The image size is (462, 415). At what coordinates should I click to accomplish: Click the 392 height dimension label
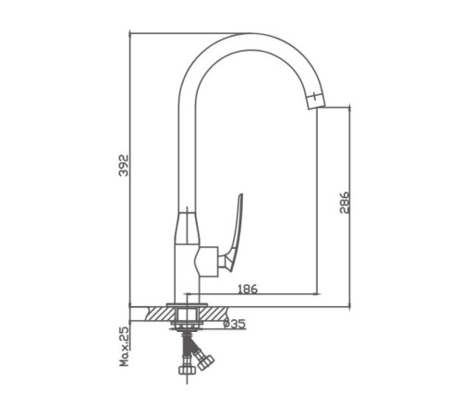point(124,165)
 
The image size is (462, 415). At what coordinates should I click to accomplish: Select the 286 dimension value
point(345,203)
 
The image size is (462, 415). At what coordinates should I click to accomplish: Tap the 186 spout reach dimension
point(248,289)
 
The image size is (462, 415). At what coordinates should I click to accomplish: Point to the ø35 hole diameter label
point(235,324)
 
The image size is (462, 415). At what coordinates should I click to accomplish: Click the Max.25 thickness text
point(124,347)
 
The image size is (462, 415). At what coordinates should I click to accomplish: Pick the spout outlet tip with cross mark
point(315,100)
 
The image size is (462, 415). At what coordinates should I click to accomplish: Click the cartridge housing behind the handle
point(206,261)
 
